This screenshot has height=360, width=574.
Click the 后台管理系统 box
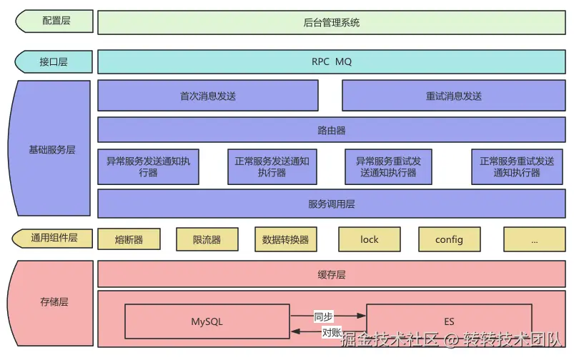331,22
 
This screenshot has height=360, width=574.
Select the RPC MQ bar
331,61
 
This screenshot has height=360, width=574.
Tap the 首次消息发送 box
207,96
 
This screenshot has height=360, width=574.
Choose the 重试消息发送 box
453,96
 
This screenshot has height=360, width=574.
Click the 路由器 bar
331,130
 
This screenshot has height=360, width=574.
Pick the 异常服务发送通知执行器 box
148,166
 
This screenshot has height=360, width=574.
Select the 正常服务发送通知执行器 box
272,166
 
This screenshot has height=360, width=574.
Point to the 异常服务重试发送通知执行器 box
388,166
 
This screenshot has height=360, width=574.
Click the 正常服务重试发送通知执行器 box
516,166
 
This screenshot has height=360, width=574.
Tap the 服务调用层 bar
331,204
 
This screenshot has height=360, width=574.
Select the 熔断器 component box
129,239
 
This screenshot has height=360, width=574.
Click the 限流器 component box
207,239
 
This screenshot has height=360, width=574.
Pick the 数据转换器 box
285,239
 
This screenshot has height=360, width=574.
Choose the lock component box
369,239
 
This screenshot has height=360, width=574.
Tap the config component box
449,239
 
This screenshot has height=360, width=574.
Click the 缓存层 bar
331,274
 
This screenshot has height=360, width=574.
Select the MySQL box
207,321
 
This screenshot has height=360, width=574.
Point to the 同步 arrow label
323,315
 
